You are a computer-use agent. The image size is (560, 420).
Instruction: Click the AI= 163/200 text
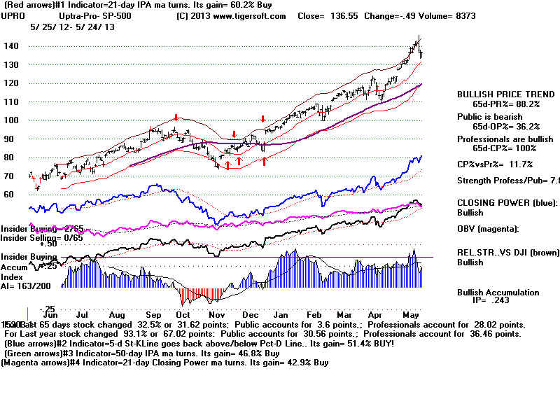point(27,287)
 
